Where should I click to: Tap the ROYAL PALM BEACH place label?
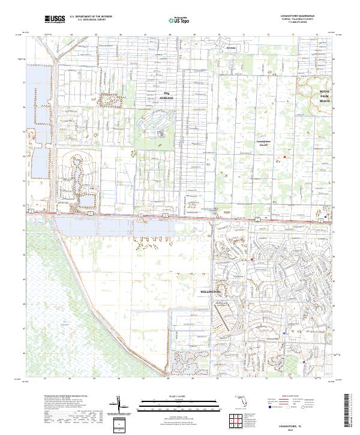[325, 96]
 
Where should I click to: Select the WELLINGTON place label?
[211, 291]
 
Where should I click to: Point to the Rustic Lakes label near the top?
[230, 47]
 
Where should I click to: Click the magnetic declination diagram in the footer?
[119, 406]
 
